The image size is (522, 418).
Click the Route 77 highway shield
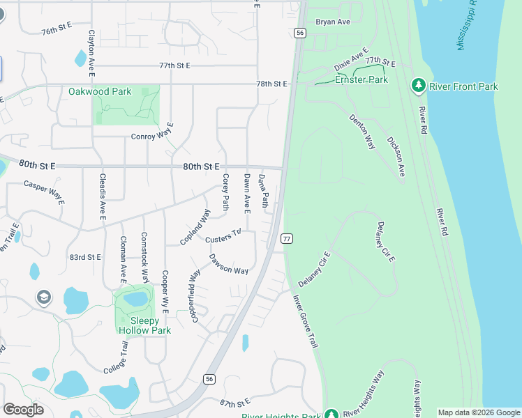(287, 239)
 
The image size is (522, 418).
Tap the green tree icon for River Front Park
(419, 86)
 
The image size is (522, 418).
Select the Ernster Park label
(361, 80)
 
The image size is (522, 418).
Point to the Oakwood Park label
(100, 91)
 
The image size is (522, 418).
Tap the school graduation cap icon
(43, 298)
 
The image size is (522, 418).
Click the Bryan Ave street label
(333, 22)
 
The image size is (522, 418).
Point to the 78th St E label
(271, 84)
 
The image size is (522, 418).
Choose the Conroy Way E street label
(152, 137)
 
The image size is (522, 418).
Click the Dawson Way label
(229, 264)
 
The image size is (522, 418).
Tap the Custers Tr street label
(223, 236)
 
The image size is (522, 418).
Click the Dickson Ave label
(396, 155)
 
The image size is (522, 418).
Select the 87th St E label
(234, 403)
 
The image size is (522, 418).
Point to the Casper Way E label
(43, 193)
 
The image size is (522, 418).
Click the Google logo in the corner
(24, 410)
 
